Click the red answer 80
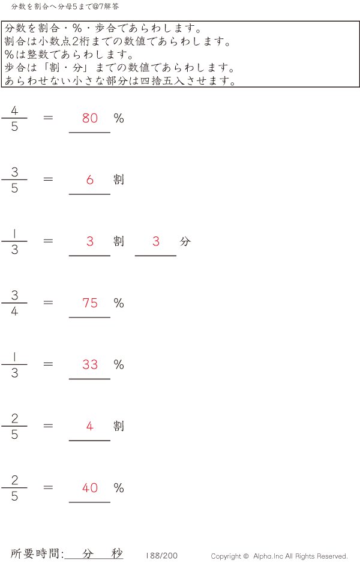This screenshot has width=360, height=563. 90,118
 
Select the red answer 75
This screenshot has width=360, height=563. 90,303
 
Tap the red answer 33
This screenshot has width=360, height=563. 90,364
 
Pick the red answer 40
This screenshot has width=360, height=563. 90,488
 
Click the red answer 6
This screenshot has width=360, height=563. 90,179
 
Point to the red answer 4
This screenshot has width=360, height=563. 90,427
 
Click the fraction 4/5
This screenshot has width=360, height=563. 14,118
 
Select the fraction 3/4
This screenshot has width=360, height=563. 14,303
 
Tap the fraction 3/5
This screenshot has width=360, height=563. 14,179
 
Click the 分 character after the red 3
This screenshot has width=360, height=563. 185,241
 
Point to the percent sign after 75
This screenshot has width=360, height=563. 119,303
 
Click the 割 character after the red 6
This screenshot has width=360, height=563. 119,179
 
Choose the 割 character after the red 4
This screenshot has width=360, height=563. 119,426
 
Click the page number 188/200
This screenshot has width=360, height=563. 161,556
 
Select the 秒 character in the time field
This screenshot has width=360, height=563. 117,554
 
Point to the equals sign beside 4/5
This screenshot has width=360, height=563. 49,118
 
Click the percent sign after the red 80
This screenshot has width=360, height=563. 119,118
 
